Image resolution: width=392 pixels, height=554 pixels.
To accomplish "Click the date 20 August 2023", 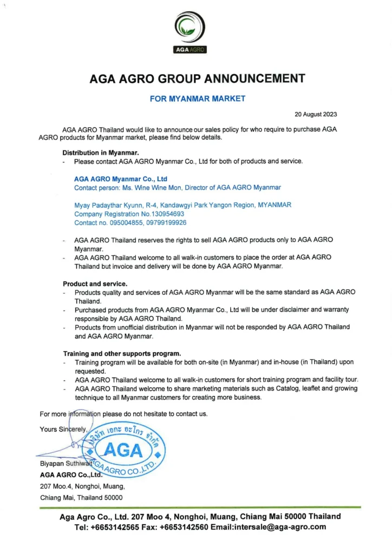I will tap(316, 114).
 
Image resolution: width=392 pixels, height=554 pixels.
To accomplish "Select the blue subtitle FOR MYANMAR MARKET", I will tap(197, 98).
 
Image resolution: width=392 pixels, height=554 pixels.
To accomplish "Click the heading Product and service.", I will tap(95, 283).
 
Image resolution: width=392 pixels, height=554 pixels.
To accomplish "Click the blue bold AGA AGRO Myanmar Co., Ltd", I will tap(121, 179).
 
